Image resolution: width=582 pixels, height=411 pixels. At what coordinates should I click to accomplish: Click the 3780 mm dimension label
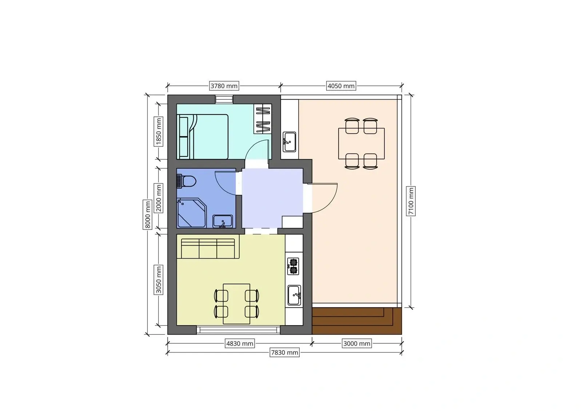pos(224,86)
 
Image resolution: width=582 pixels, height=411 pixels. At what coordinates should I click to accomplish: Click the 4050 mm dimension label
pos(341,86)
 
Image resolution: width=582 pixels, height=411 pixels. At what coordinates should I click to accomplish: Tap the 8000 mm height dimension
pos(148,214)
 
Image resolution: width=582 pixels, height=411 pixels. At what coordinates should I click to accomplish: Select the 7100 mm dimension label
pos(411,201)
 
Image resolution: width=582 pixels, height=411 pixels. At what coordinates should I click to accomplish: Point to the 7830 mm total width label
pos(284,352)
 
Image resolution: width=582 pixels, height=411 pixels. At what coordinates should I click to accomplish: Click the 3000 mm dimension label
pos(356,344)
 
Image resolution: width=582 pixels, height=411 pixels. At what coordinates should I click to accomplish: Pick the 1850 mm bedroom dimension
pos(159,131)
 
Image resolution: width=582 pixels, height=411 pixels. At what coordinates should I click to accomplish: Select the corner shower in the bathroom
pos(191,212)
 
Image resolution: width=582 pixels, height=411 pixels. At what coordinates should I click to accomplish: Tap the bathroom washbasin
pos(222,221)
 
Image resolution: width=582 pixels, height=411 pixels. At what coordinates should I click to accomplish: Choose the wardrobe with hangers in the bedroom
pos(263,119)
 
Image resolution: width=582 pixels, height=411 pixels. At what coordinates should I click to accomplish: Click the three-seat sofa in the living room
pos(208,248)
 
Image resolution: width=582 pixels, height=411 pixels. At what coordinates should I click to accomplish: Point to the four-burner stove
pos(293,266)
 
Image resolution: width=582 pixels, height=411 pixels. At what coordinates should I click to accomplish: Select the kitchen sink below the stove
pos(294,295)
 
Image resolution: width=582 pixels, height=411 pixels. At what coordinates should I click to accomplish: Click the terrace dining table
pos(361,143)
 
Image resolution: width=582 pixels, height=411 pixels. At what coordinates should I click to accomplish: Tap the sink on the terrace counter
pos(289,142)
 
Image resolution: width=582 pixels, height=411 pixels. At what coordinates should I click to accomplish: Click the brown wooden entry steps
pos(356,321)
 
